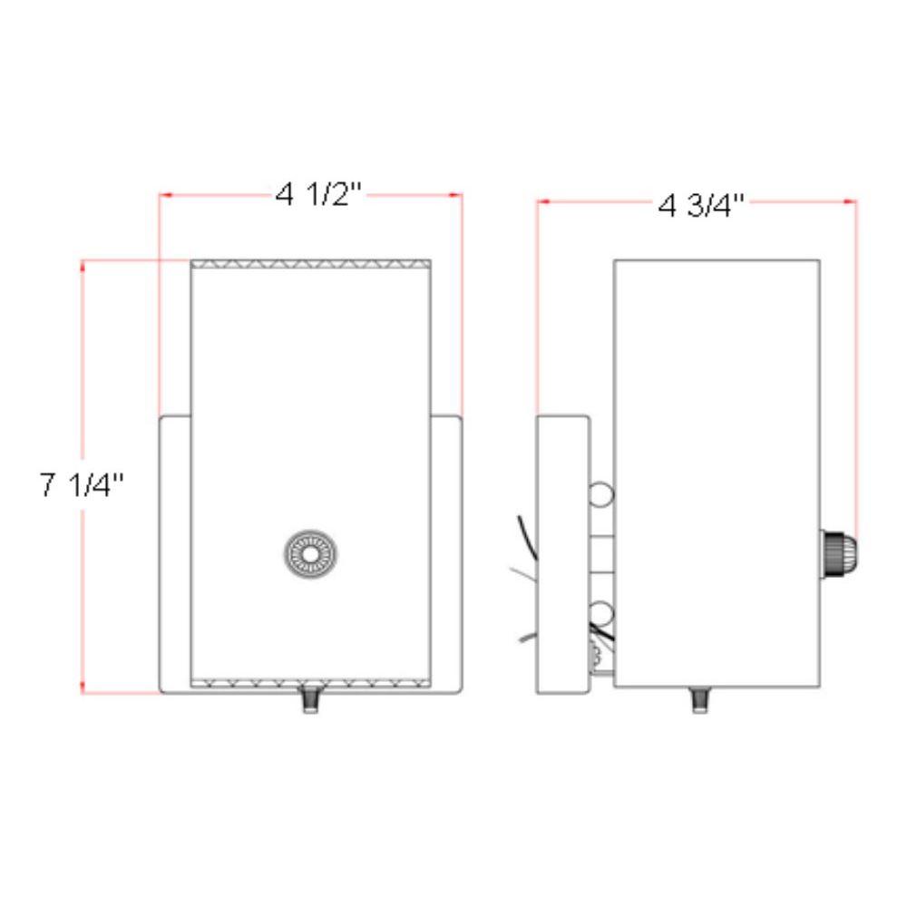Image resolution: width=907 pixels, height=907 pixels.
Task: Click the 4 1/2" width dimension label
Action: click(x=317, y=194)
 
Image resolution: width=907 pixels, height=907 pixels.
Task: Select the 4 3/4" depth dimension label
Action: click(x=701, y=205)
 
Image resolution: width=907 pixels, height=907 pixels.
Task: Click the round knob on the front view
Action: click(x=311, y=552)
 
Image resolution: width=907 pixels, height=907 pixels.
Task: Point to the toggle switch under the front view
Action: click(x=311, y=701)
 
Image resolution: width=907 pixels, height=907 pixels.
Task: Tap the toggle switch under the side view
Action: click(x=699, y=699)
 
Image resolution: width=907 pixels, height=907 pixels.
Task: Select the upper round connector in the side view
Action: click(x=600, y=494)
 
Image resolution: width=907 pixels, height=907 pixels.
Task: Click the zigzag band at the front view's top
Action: click(x=310, y=265)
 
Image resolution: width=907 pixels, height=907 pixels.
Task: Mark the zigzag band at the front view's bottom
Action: click(x=310, y=683)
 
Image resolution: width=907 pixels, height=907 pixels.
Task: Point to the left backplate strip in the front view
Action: click(x=175, y=553)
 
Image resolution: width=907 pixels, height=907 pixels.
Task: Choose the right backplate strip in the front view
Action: click(x=446, y=553)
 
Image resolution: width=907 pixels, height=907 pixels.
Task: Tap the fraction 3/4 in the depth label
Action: click(x=717, y=205)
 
